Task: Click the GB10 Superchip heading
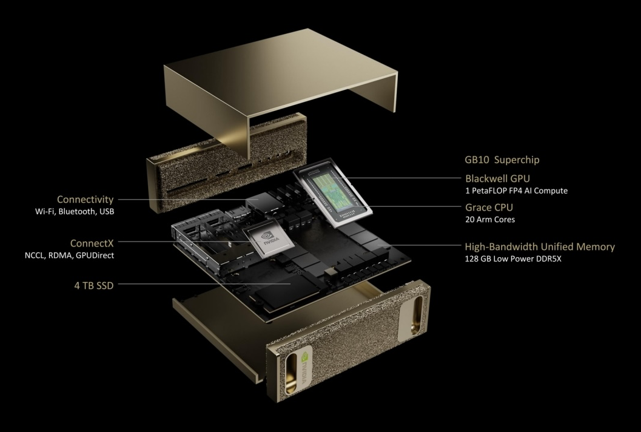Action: click(x=502, y=160)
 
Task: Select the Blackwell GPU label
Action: click(x=497, y=178)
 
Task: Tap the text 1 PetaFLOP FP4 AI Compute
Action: click(x=516, y=191)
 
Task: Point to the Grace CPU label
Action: click(x=489, y=207)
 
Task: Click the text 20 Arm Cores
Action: click(x=490, y=219)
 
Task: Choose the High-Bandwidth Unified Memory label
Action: click(x=540, y=247)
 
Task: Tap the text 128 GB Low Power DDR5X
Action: click(x=513, y=258)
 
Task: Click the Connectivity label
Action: click(x=85, y=200)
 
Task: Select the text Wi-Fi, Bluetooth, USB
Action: click(x=75, y=212)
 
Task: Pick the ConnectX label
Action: click(x=92, y=243)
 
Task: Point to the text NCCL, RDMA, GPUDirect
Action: click(x=69, y=255)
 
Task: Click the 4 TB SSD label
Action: click(x=93, y=286)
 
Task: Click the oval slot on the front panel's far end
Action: click(x=418, y=313)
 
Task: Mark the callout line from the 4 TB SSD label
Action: click(x=204, y=284)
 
